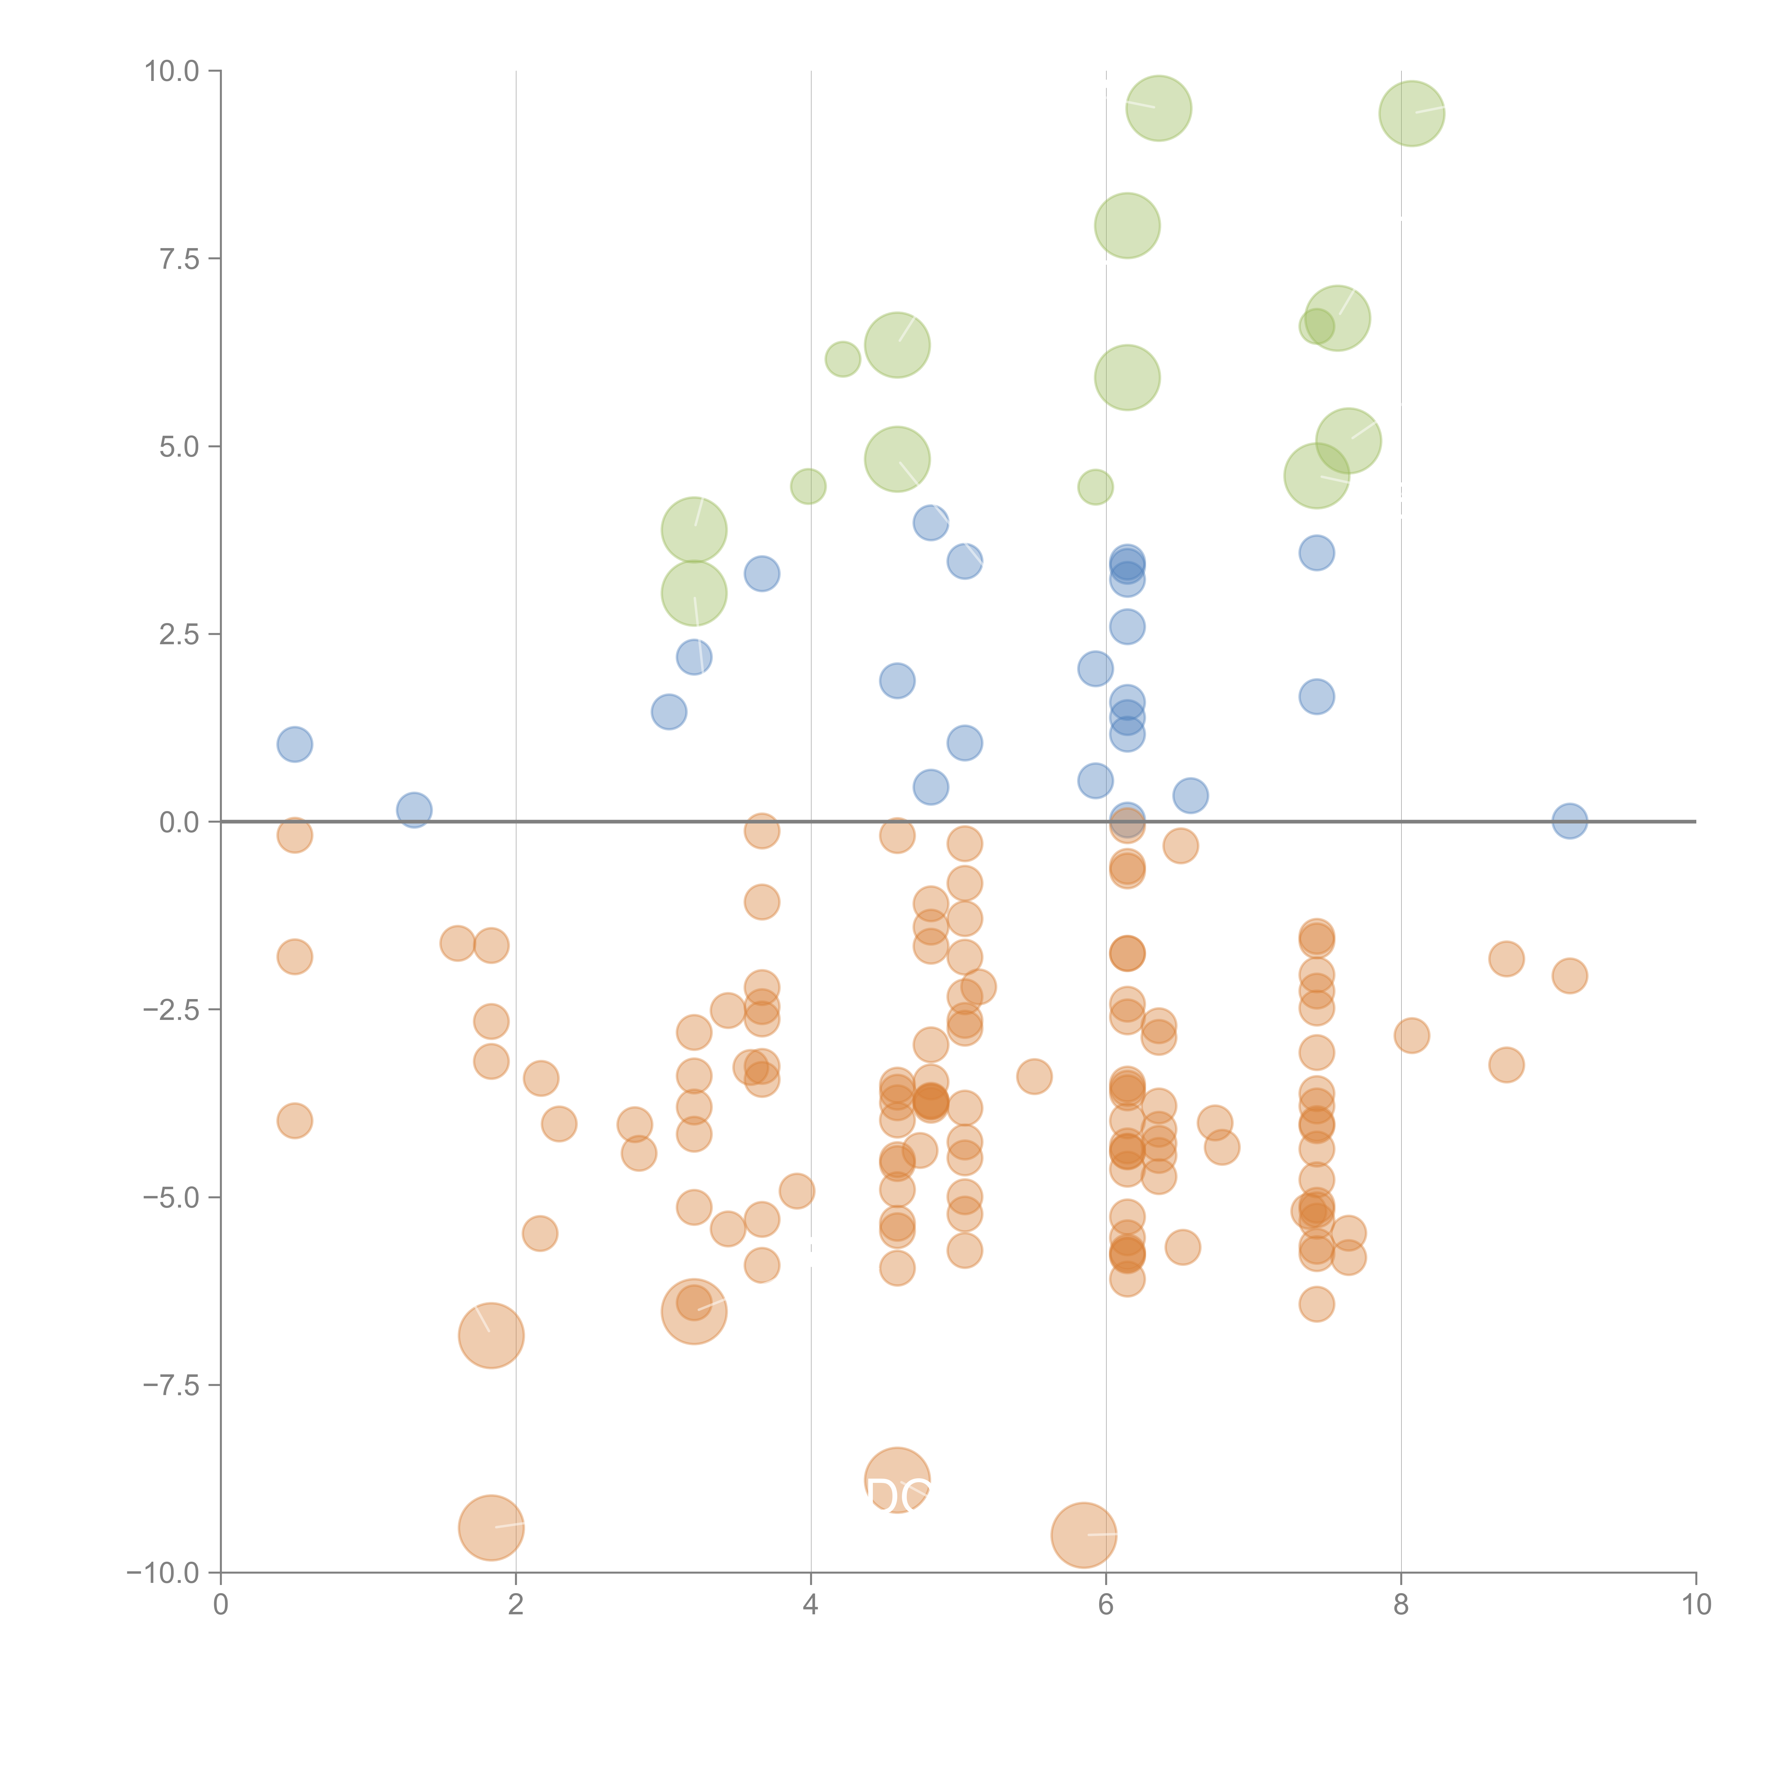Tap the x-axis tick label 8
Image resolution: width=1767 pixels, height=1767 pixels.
[x=1401, y=1605]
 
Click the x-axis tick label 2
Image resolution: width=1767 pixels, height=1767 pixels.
[x=516, y=1605]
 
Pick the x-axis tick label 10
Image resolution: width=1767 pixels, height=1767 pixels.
[x=1696, y=1605]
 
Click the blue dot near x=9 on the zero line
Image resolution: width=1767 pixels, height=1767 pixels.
[x=1569, y=820]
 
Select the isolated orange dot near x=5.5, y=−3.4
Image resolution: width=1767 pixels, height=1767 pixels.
[x=1033, y=1076]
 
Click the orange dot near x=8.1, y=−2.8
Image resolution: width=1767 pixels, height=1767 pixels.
[x=1411, y=1035]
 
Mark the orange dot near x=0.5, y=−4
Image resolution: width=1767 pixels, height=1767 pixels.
[x=294, y=1120]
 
